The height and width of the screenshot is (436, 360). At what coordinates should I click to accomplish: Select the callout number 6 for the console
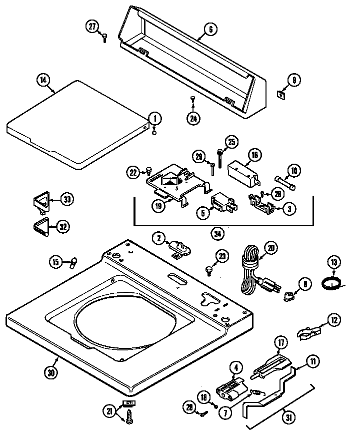[210, 30]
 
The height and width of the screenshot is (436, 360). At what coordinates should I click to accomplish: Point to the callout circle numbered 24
[193, 118]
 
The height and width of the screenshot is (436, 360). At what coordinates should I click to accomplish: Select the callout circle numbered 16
[254, 155]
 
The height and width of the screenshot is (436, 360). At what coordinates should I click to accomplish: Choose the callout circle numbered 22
[132, 172]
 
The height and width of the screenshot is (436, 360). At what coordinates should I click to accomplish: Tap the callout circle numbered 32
[62, 227]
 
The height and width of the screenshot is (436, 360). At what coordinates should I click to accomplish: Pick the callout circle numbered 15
[56, 261]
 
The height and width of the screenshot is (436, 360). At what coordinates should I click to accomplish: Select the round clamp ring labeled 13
[330, 283]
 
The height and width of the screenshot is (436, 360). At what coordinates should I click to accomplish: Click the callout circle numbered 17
[281, 343]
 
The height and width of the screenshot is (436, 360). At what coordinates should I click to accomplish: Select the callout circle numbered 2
[158, 239]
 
